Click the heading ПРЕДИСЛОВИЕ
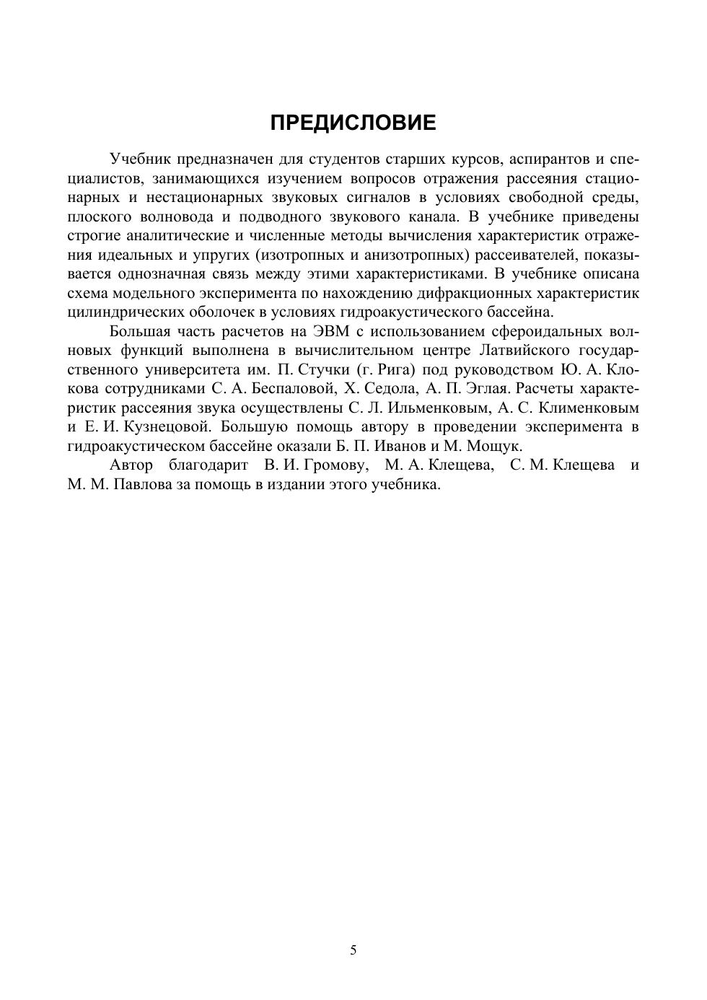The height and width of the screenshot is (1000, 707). pos(353,123)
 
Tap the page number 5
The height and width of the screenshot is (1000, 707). pos(353,950)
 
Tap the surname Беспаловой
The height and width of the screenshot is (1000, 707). pos(290,389)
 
